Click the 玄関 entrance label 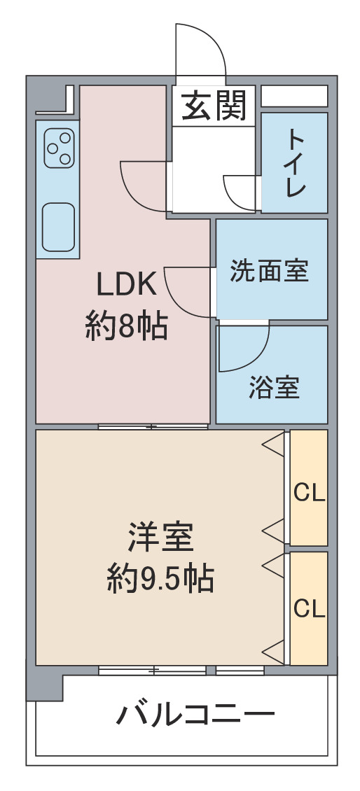[x=214, y=106]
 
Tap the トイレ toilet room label [x=296, y=162]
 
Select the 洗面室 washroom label [x=269, y=272]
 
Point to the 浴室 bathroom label [x=275, y=388]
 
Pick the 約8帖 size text [x=127, y=326]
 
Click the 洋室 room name [x=160, y=538]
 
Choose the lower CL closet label [x=309, y=610]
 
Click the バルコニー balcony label [x=196, y=714]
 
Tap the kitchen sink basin [x=59, y=227]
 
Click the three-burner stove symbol [x=59, y=148]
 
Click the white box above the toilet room [x=294, y=97]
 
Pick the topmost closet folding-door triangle [x=273, y=444]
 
